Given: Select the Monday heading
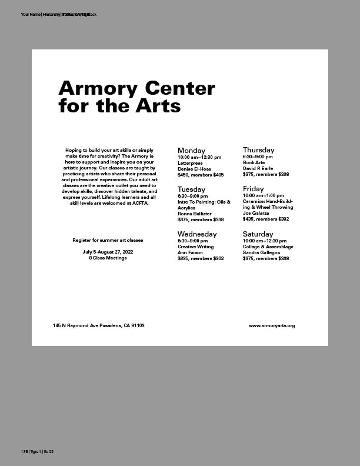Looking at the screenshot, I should tap(191, 151).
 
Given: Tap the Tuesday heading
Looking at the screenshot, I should tap(191, 189).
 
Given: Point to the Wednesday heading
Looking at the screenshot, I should tap(196, 234).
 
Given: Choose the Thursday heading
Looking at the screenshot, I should tap(258, 150).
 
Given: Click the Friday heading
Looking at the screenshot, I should tap(254, 189).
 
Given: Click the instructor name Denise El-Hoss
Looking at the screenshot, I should tap(194, 169).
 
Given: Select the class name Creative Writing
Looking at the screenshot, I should tap(196, 247).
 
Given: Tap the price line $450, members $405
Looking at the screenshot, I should tap(201, 175).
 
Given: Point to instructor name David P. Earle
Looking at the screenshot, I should tap(258, 168).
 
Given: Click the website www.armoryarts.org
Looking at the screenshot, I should tap(271, 325).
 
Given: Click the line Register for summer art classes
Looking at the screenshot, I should tap(108, 240).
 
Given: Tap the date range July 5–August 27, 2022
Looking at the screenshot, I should tap(108, 252).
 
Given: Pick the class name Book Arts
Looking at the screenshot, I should tap(254, 162).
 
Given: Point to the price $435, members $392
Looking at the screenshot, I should tap(266, 219).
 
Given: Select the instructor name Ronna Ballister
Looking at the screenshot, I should tap(194, 214).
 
